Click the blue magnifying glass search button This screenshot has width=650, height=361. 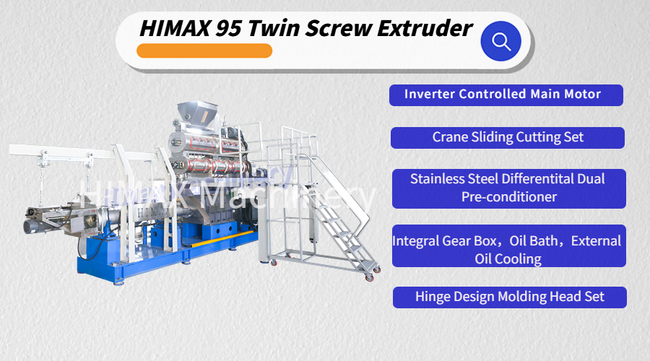(x=500, y=41)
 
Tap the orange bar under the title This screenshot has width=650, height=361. (x=204, y=51)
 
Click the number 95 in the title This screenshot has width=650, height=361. (x=228, y=29)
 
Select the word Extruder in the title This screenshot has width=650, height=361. (x=425, y=28)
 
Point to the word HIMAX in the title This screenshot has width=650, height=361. (x=175, y=29)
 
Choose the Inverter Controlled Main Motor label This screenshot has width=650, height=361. (x=506, y=95)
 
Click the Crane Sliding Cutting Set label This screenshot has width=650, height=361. (x=508, y=138)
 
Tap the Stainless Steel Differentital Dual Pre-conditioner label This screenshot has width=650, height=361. (x=509, y=188)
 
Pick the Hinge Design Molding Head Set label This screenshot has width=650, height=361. (x=510, y=297)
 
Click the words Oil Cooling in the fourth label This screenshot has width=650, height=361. (x=508, y=259)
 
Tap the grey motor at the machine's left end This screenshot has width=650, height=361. (x=31, y=226)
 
